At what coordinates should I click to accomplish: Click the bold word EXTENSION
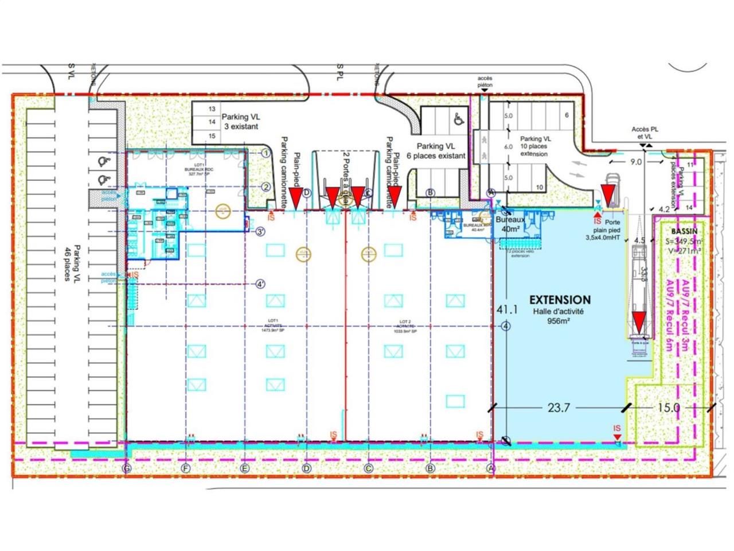[x=559, y=300]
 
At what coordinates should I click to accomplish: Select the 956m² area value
[x=559, y=321]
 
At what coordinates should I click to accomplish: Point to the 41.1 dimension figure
[x=507, y=309]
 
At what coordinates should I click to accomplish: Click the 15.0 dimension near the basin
[x=668, y=408]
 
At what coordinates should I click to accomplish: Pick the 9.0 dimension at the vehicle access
[x=636, y=162]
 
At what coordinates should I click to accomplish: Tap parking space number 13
[x=212, y=109]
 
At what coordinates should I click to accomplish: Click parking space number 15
[x=212, y=136]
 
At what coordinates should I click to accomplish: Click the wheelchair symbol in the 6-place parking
[x=458, y=119]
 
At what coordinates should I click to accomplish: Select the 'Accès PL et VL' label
[x=645, y=133]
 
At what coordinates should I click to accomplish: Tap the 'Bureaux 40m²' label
[x=510, y=224]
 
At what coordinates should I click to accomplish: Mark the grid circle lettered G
[x=127, y=468]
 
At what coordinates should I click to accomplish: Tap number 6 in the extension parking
[x=567, y=115]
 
